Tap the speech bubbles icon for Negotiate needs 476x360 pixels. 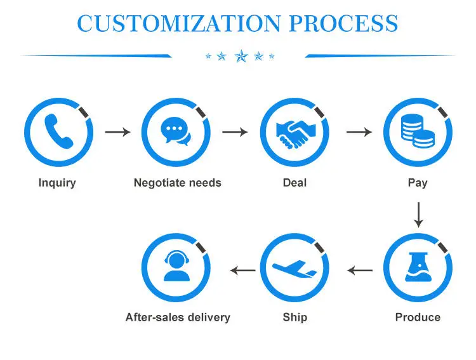[x=176, y=132]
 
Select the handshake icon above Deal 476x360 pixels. [x=294, y=132]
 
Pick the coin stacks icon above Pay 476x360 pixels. [x=417, y=132]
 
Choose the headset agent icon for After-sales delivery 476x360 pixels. [x=176, y=267]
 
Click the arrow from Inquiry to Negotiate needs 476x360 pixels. [x=117, y=132]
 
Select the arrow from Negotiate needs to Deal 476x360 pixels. [x=235, y=132]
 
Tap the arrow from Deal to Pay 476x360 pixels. [x=359, y=132]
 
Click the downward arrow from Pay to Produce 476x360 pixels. [x=418, y=215]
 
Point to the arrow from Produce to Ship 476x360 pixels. [x=359, y=270]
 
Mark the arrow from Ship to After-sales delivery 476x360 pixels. [x=242, y=270]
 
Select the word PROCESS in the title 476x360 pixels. [x=344, y=23]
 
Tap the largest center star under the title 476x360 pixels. [x=241, y=57]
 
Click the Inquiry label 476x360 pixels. [x=57, y=183]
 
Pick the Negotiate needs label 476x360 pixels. [x=177, y=183]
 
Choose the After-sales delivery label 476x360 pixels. [x=178, y=317]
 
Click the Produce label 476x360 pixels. [x=418, y=317]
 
